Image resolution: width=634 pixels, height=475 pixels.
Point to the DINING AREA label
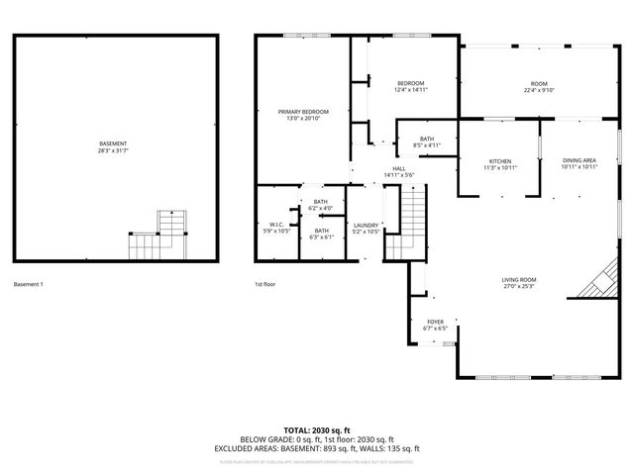pyautogui.click(x=579, y=163)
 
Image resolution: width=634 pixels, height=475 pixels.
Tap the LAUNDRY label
pyautogui.click(x=366, y=228)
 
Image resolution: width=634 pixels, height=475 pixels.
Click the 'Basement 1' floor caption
pyautogui.click(x=28, y=284)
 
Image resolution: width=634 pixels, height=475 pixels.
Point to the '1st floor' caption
pyautogui.click(x=264, y=284)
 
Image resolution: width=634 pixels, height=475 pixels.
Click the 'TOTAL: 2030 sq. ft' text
pyautogui.click(x=316, y=430)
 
